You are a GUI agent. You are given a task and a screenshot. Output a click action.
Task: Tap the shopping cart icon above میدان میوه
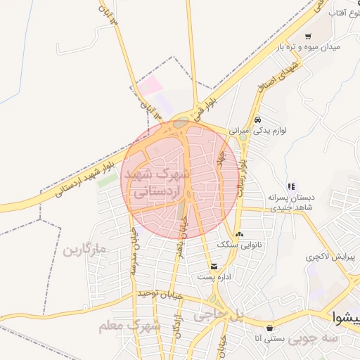pyautogui.click(x=308, y=36)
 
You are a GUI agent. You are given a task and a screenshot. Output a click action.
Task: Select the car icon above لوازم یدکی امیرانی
pyautogui.click(x=259, y=120)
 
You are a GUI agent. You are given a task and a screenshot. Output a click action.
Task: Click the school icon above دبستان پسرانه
pyautogui.click(x=291, y=186)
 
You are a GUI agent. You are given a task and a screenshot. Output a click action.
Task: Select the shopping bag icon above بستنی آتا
pyautogui.click(x=270, y=328)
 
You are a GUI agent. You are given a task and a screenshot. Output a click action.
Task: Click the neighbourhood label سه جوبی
pyautogui.click(x=312, y=340)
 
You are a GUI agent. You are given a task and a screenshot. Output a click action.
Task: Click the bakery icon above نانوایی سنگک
pyautogui.click(x=240, y=234)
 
